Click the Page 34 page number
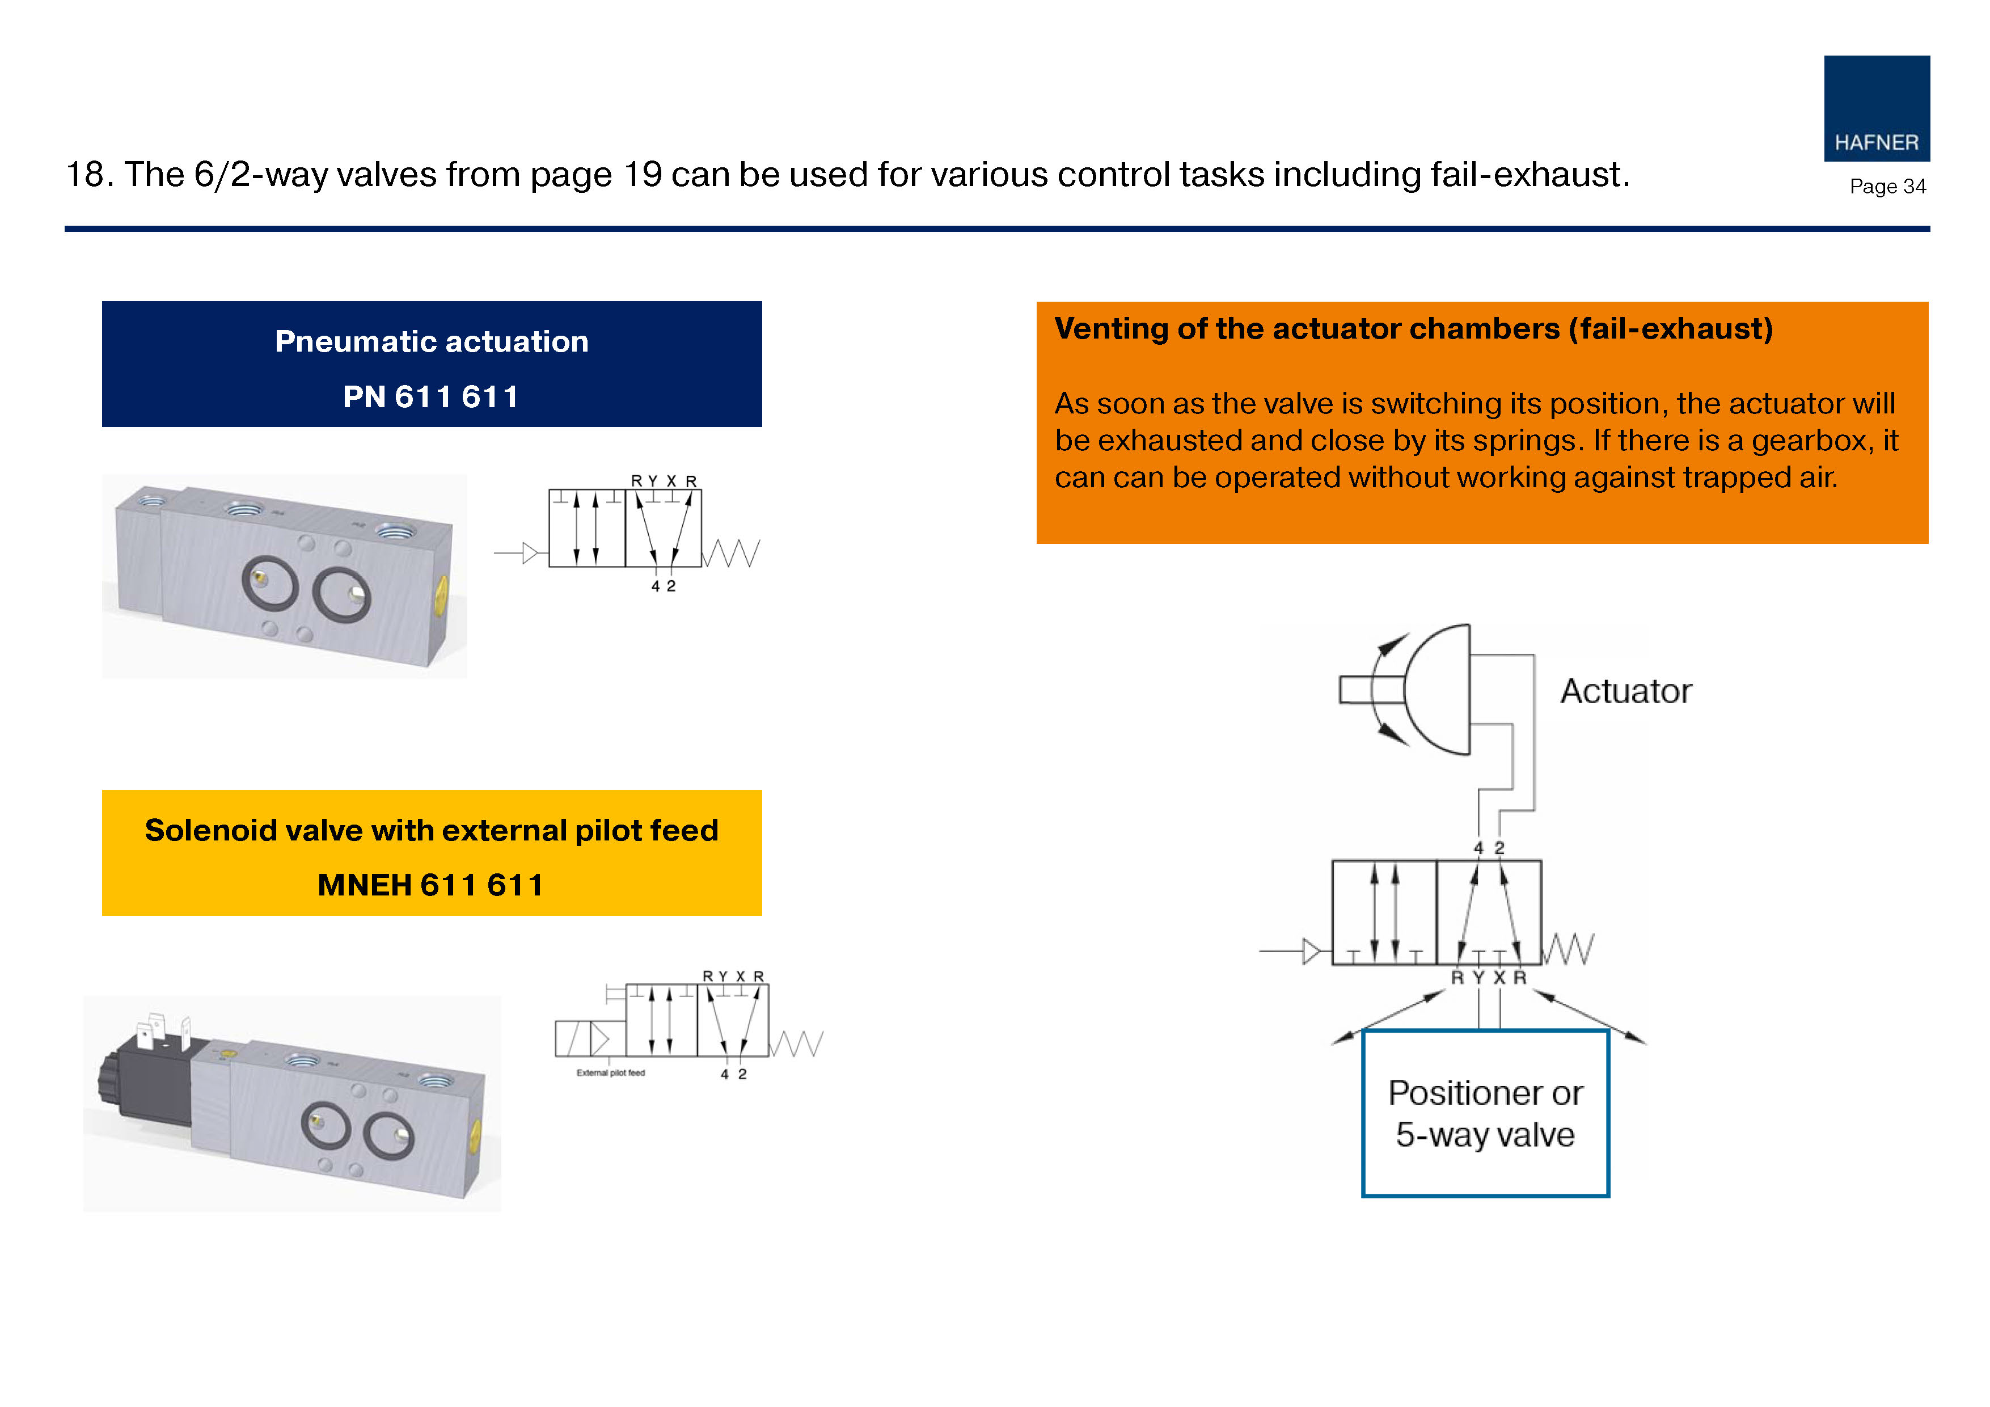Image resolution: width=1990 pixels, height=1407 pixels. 1887,187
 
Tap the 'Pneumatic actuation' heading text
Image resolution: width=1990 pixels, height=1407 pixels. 432,341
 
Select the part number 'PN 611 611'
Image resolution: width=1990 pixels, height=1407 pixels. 432,396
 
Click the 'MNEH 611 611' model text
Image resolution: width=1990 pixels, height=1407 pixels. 431,885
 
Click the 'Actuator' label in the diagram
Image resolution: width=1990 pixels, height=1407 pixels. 1625,691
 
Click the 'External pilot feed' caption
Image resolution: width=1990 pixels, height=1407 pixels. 610,1073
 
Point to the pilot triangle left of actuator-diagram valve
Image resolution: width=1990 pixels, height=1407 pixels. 1311,951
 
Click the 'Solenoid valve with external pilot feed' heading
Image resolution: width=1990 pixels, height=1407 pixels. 432,830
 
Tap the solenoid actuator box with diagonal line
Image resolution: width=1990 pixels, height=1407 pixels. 572,1038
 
